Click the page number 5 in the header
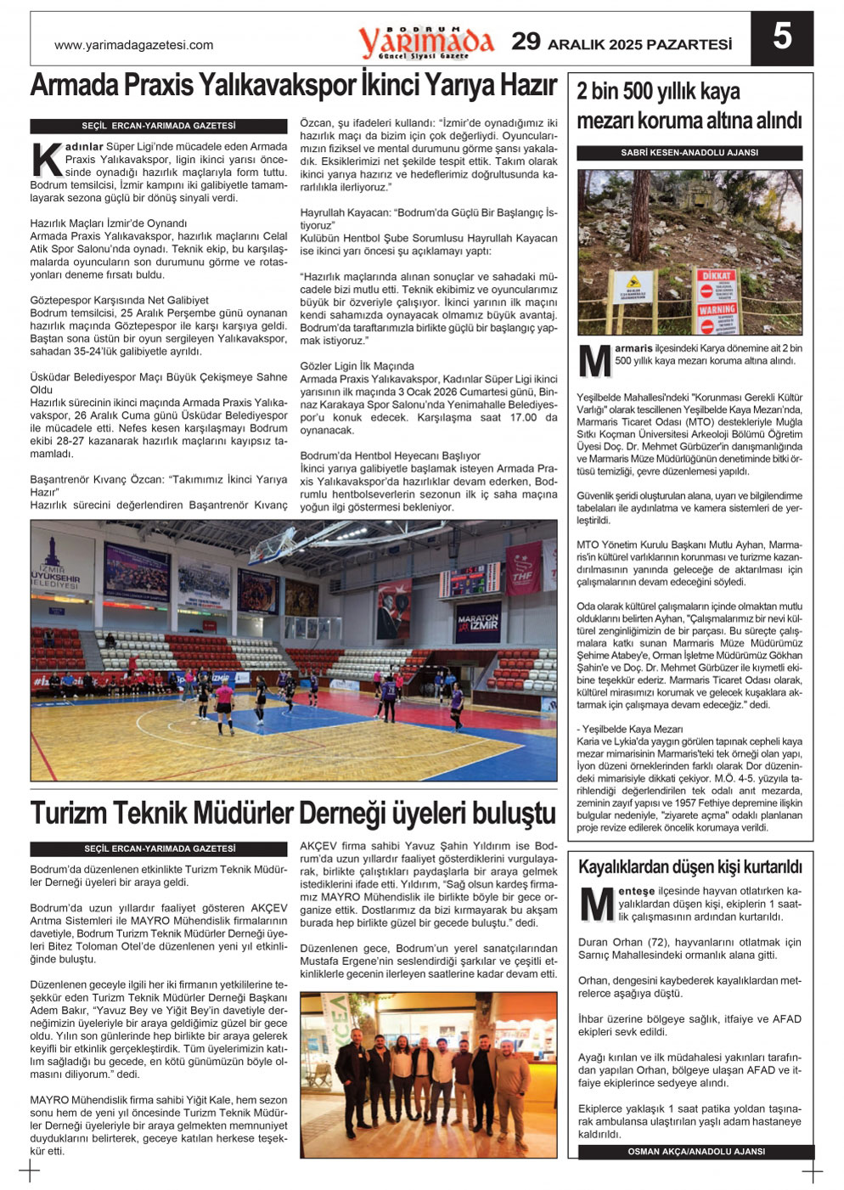(782, 37)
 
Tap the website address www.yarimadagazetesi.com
(133, 45)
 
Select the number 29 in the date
(526, 42)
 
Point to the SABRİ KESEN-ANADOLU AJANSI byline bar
(689, 153)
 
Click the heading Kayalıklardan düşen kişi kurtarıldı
(689, 867)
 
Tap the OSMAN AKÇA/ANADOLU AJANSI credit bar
(696, 1152)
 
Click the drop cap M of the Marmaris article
(594, 361)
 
